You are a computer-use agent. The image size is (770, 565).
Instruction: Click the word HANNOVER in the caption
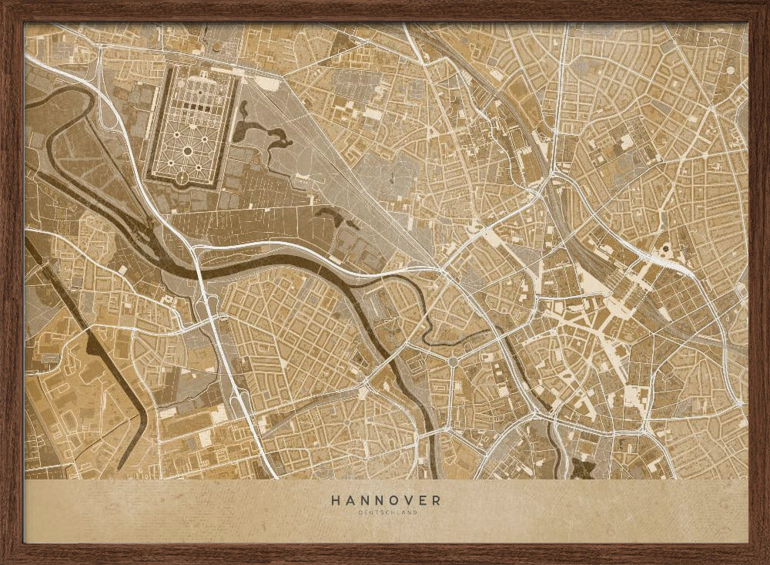point(386,499)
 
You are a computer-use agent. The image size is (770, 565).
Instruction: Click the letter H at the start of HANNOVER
point(336,499)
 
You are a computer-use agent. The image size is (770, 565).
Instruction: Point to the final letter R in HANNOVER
point(437,499)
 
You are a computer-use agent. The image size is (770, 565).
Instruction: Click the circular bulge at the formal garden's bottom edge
point(182,179)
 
